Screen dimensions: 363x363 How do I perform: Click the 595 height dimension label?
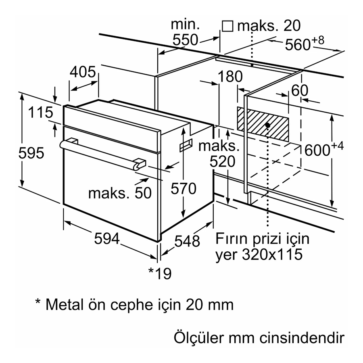click(x=31, y=153)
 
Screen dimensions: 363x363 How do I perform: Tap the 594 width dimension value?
click(x=107, y=238)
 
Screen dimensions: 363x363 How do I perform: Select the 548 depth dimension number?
click(x=187, y=241)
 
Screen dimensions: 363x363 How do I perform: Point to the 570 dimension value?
click(x=184, y=188)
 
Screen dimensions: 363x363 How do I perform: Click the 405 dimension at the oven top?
click(x=83, y=72)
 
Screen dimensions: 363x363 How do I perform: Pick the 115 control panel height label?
click(x=41, y=112)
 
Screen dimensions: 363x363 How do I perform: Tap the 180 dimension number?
click(x=230, y=76)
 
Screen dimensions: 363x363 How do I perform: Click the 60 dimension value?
click(x=300, y=90)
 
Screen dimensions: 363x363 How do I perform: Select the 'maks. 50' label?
click(x=120, y=193)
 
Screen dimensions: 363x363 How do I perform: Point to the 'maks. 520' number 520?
click(x=223, y=161)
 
